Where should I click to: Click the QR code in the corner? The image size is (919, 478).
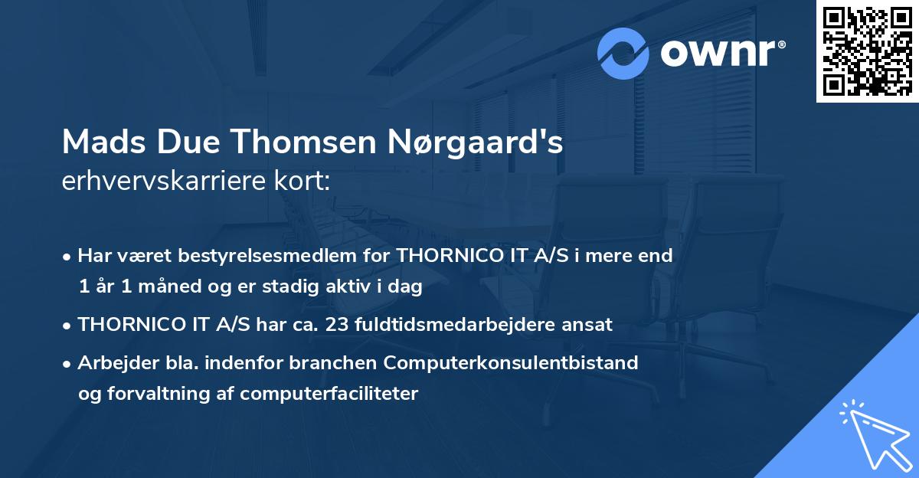tap(867, 51)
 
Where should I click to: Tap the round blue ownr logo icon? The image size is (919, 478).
tap(623, 54)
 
